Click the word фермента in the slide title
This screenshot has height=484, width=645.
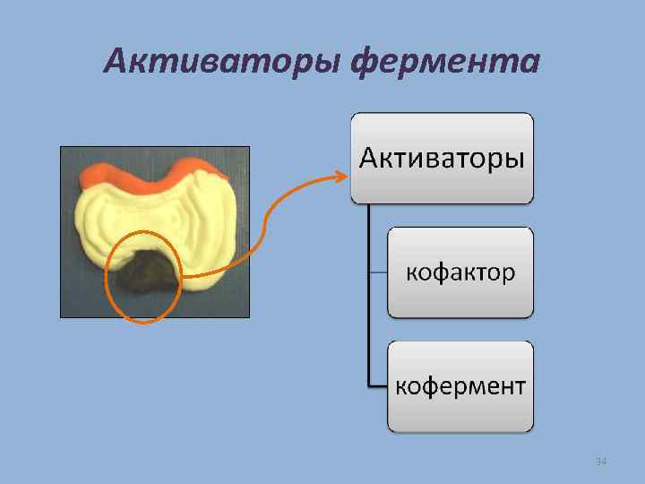446,61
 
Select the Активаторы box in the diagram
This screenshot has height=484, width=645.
442,158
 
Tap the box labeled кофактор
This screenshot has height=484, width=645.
460,272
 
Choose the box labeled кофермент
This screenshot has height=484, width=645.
460,386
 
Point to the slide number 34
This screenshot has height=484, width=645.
601,461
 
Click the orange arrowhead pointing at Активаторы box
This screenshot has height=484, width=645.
340,176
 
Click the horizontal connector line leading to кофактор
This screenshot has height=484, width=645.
378,272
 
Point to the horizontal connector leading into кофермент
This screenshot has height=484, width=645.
378,386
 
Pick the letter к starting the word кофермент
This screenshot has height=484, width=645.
401,387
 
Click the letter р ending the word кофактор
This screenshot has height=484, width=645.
508,273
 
